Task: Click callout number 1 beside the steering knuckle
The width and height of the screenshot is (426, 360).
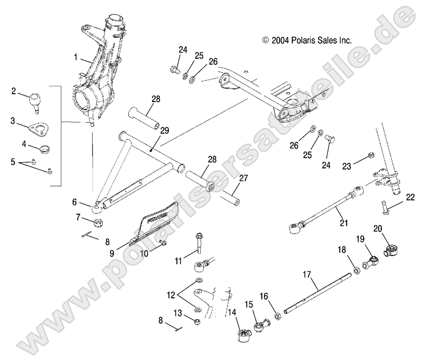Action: point(76,57)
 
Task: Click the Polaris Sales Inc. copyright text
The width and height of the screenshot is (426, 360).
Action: point(307,41)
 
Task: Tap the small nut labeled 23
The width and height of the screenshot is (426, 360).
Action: point(371,156)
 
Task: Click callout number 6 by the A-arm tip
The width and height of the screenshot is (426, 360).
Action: point(88,201)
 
